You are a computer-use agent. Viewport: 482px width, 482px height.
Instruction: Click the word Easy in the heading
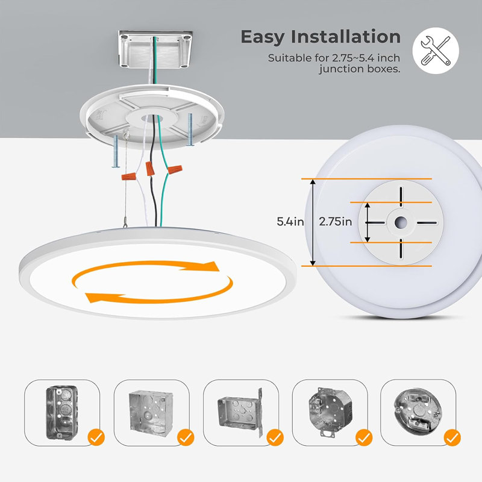(263, 37)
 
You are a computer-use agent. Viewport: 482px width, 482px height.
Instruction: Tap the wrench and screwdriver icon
(436, 51)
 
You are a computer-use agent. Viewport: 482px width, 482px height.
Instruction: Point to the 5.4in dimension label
(290, 222)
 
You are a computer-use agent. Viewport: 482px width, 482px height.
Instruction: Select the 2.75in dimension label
(336, 222)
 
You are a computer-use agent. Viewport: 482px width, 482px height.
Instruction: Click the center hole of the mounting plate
(401, 222)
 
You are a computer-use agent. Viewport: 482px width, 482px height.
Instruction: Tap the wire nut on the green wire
(175, 169)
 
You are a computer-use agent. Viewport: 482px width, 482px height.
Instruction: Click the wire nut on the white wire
(129, 177)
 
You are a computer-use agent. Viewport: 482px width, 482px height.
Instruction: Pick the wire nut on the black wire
(150, 169)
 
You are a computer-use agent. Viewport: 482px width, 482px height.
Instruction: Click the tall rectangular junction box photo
(62, 413)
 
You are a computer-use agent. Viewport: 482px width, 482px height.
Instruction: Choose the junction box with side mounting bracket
(240, 413)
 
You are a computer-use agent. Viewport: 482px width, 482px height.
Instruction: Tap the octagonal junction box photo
(330, 411)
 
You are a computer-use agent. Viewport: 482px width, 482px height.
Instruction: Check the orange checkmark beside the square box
(186, 437)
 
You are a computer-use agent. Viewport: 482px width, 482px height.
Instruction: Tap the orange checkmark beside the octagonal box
(364, 437)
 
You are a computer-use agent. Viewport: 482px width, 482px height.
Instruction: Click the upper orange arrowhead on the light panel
(209, 266)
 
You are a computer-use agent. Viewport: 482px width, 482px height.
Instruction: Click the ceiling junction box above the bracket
(155, 49)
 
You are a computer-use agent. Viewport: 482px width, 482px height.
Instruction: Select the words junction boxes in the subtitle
(360, 69)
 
